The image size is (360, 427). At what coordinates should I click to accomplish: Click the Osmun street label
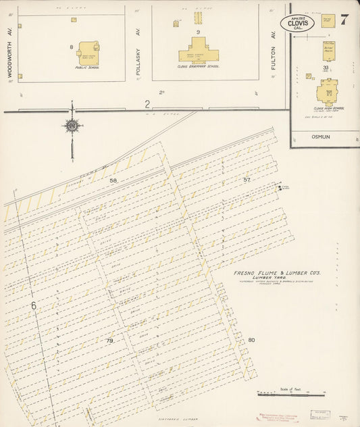319,135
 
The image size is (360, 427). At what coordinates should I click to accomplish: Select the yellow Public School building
88,52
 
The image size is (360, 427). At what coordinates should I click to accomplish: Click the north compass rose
71,125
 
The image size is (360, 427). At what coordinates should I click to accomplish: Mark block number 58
113,181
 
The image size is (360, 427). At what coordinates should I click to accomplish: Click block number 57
247,180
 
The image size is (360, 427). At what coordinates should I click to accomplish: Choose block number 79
109,341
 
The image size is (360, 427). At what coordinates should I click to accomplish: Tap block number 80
251,339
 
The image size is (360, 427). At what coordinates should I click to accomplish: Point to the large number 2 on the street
147,103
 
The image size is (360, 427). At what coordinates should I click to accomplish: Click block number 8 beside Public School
71,47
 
